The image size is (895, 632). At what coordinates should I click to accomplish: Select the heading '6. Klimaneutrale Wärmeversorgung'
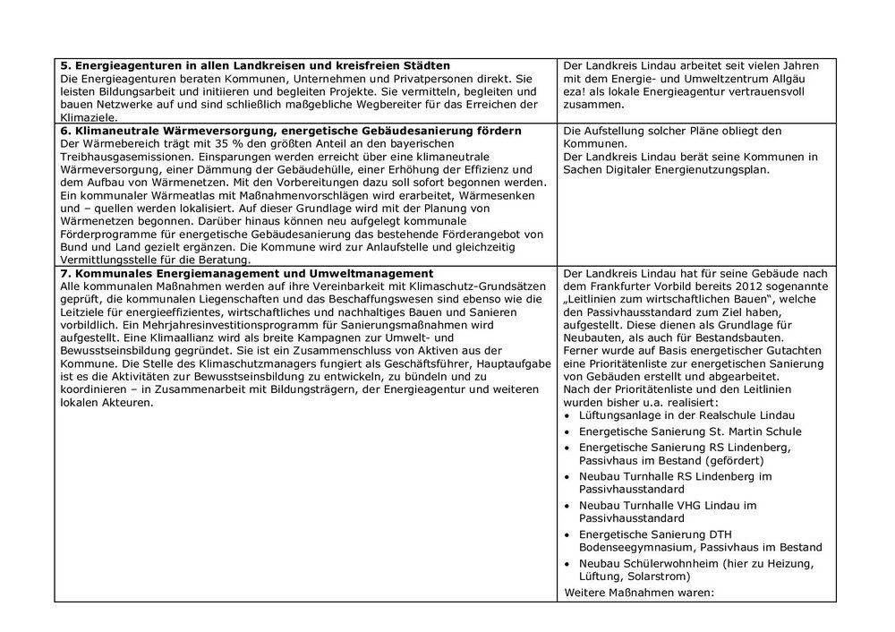click(x=291, y=131)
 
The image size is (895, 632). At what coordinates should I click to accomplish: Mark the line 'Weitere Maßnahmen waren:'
click(x=640, y=592)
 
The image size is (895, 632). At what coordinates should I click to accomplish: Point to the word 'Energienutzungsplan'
click(x=710, y=169)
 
